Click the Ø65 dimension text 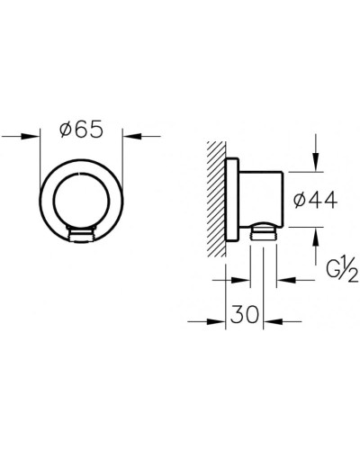point(83,130)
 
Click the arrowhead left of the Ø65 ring point(35,137)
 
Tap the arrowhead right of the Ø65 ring point(129,137)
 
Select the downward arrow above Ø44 point(316,162)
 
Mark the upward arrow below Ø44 point(316,236)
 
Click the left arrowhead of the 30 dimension point(219,319)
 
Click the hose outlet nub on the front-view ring point(80,237)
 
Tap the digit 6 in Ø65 point(85,130)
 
